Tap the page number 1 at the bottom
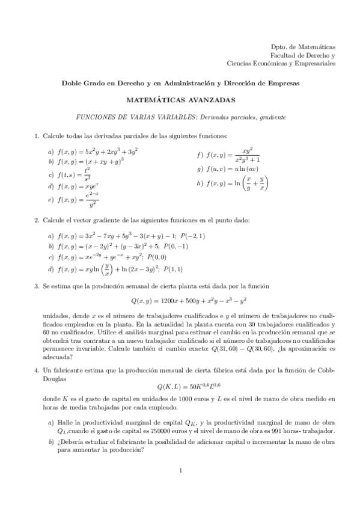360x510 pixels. (x=180, y=470)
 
